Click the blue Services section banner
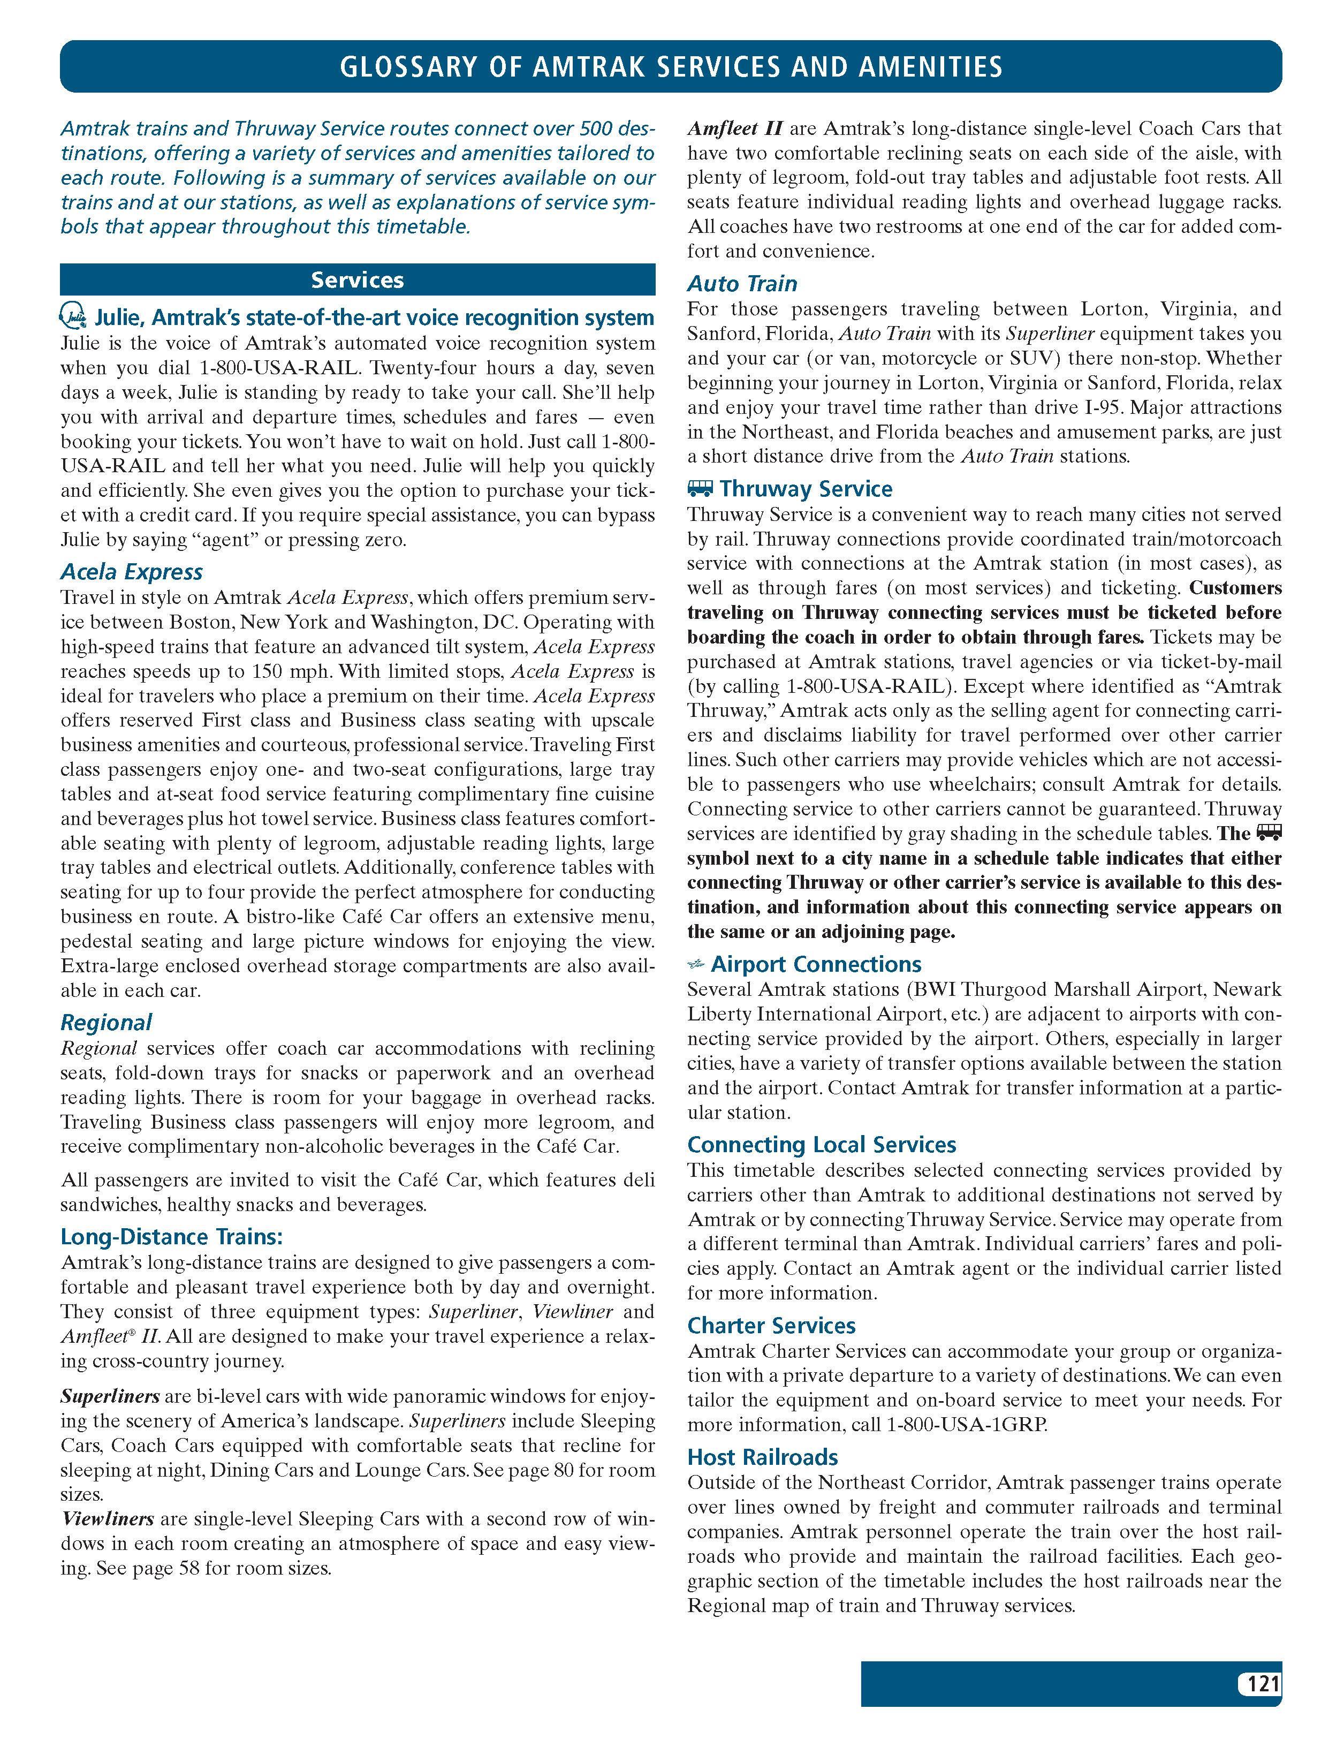pyautogui.click(x=358, y=280)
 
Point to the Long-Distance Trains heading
pyautogui.click(x=172, y=1237)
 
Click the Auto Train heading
pyautogui.click(x=742, y=283)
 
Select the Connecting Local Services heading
pyautogui.click(x=821, y=1145)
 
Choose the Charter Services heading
pyautogui.click(x=771, y=1326)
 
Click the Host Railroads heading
pyautogui.click(x=762, y=1457)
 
